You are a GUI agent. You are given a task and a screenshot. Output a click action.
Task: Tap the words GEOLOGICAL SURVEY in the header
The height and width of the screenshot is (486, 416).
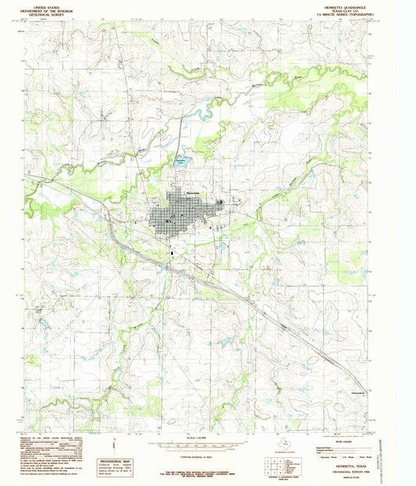[x=45, y=13]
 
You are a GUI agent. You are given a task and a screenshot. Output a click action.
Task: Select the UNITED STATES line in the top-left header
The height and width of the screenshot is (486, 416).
[x=45, y=4]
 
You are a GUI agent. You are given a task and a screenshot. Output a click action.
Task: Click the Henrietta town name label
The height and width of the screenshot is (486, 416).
[x=194, y=192]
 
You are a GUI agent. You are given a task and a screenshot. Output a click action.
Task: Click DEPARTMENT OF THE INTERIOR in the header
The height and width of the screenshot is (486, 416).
[x=45, y=9]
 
